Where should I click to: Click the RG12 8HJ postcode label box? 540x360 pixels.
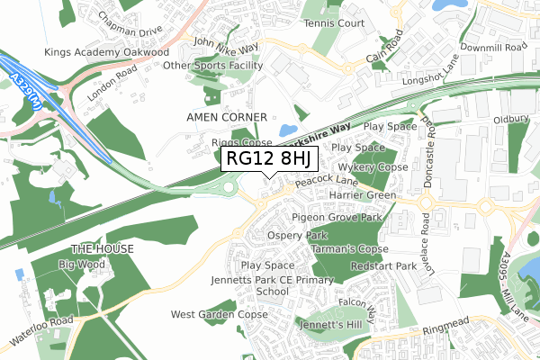point(269,159)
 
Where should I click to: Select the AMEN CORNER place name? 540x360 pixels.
point(226,118)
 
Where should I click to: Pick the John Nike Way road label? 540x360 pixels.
point(226,44)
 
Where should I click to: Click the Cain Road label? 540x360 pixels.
point(388,57)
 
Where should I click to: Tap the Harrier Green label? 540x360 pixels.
point(363,195)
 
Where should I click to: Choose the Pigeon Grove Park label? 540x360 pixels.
point(337,218)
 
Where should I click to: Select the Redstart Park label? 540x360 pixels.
point(383,267)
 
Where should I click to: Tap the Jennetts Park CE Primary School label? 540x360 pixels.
point(272,286)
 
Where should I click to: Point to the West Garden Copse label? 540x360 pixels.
point(220,315)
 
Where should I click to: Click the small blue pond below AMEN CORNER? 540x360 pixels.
point(288,132)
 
